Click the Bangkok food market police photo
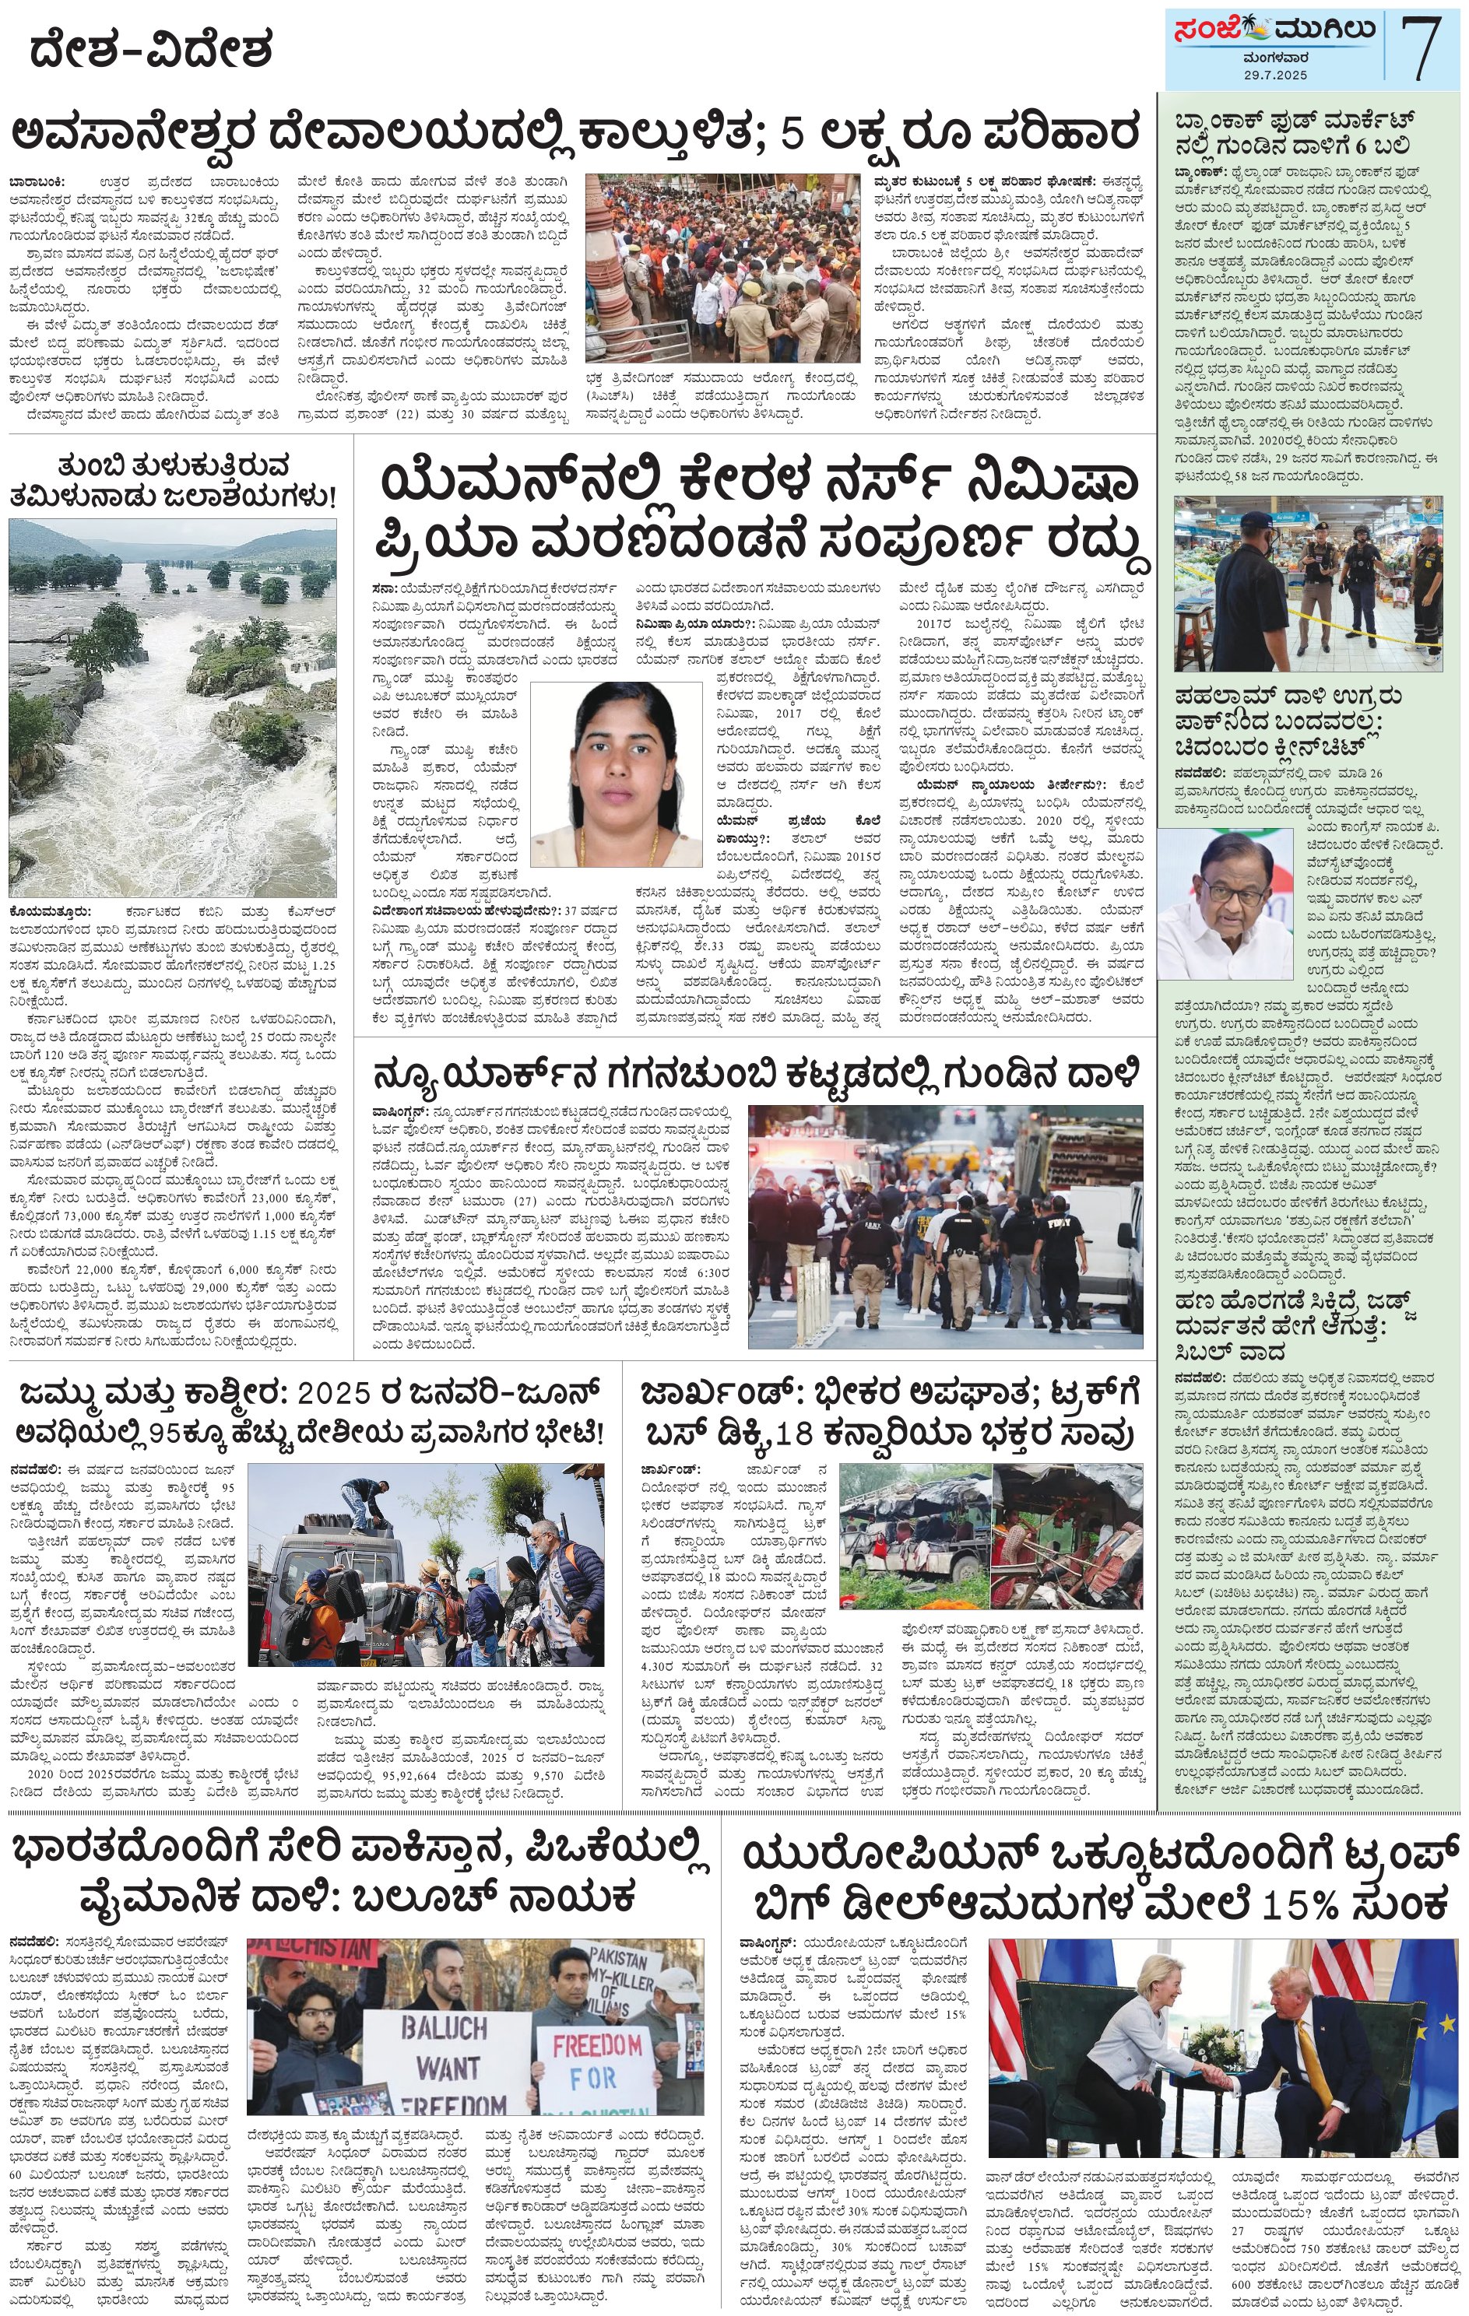pyautogui.click(x=1307, y=583)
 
